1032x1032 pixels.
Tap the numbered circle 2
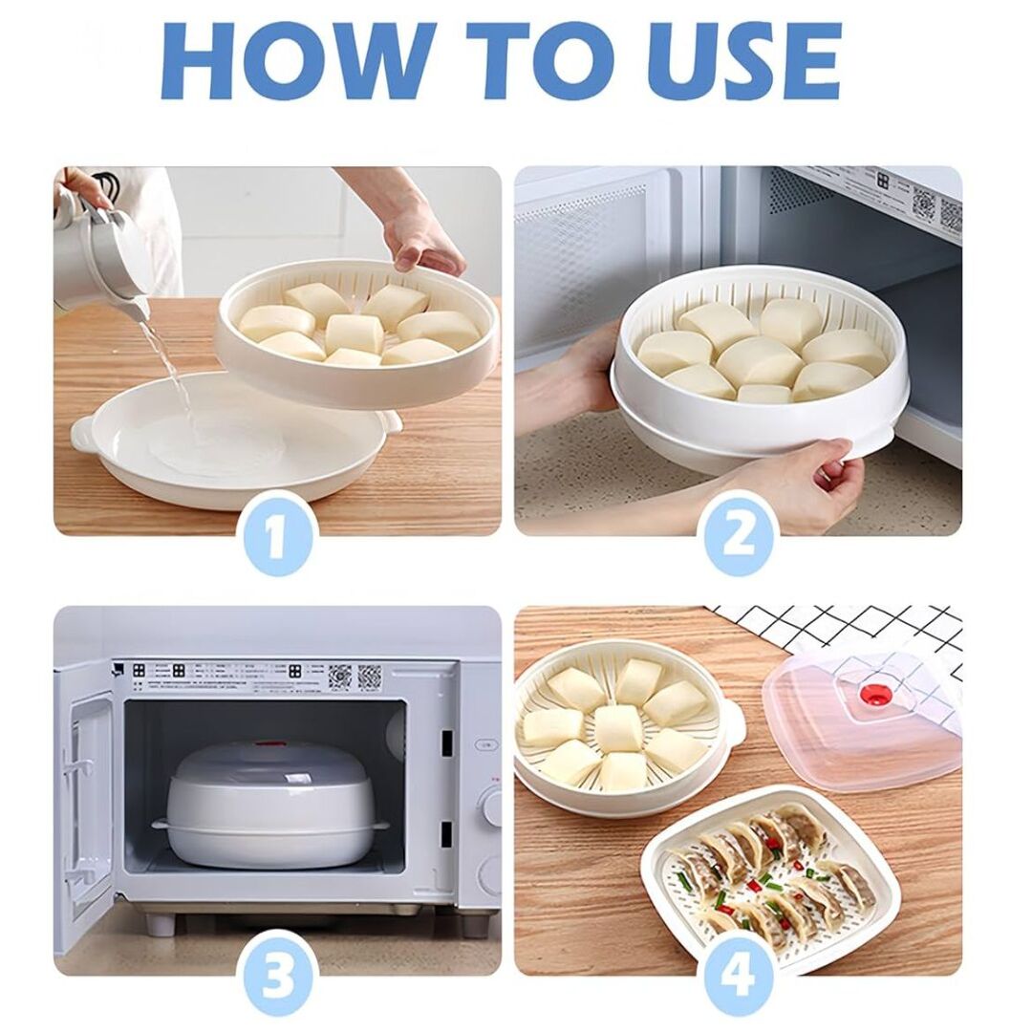click(x=739, y=535)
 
